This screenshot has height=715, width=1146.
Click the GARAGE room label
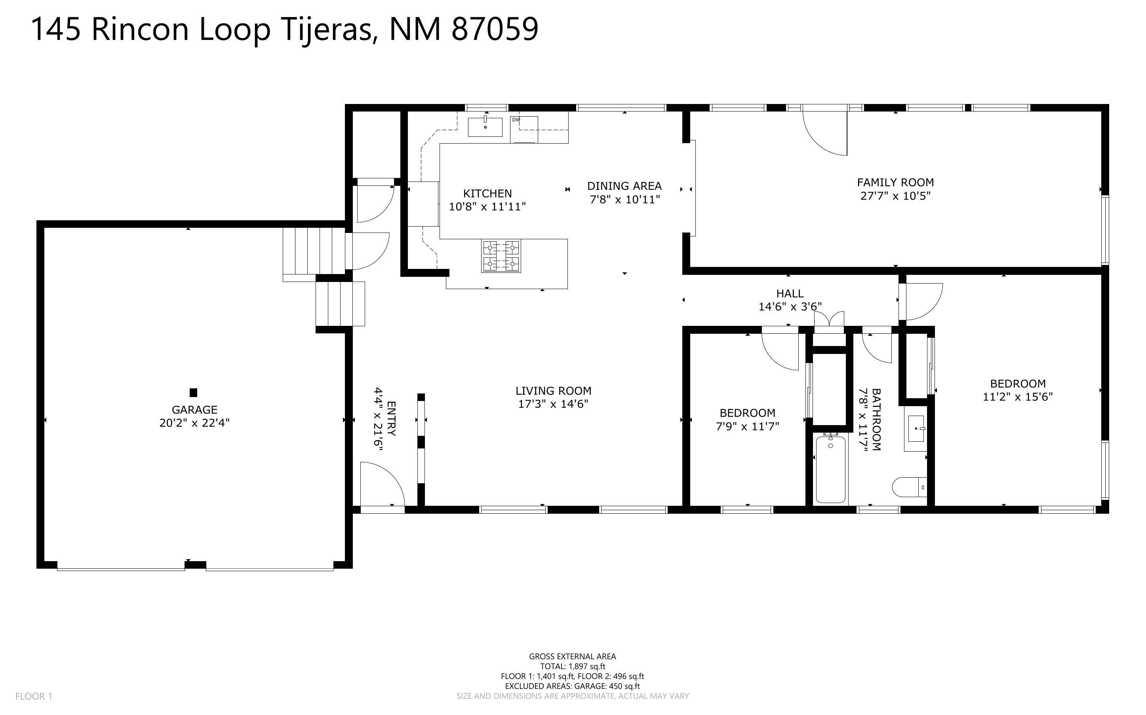click(x=194, y=410)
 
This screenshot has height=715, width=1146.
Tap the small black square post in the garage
click(x=193, y=392)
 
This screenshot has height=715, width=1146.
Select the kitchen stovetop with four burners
click(x=501, y=256)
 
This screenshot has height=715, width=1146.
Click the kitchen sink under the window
click(x=485, y=127)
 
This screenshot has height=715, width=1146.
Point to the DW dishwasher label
click(x=516, y=120)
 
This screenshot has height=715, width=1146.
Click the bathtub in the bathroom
click(x=830, y=469)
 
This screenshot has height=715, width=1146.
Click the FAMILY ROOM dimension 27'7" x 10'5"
click(x=895, y=196)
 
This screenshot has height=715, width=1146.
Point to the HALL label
click(x=790, y=293)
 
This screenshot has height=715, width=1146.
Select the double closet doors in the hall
click(x=829, y=320)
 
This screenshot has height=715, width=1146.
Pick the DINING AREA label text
click(x=624, y=186)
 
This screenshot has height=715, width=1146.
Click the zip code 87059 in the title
click(x=495, y=29)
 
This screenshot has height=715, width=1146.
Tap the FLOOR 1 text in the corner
click(x=34, y=696)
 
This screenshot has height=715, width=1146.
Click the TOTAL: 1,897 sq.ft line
click(x=572, y=666)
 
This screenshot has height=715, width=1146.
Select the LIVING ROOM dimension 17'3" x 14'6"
click(x=553, y=404)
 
